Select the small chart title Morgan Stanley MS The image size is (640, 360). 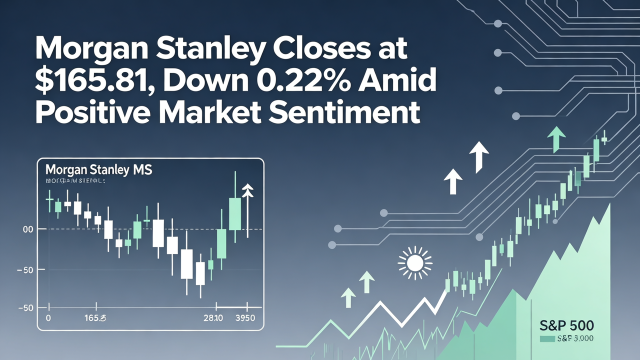(x=98, y=170)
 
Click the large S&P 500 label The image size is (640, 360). (x=567, y=325)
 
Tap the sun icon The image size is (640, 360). (x=414, y=262)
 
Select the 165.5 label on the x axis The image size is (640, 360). (x=95, y=318)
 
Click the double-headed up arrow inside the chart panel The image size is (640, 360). (x=247, y=210)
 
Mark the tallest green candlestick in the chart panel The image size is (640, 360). (x=234, y=213)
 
